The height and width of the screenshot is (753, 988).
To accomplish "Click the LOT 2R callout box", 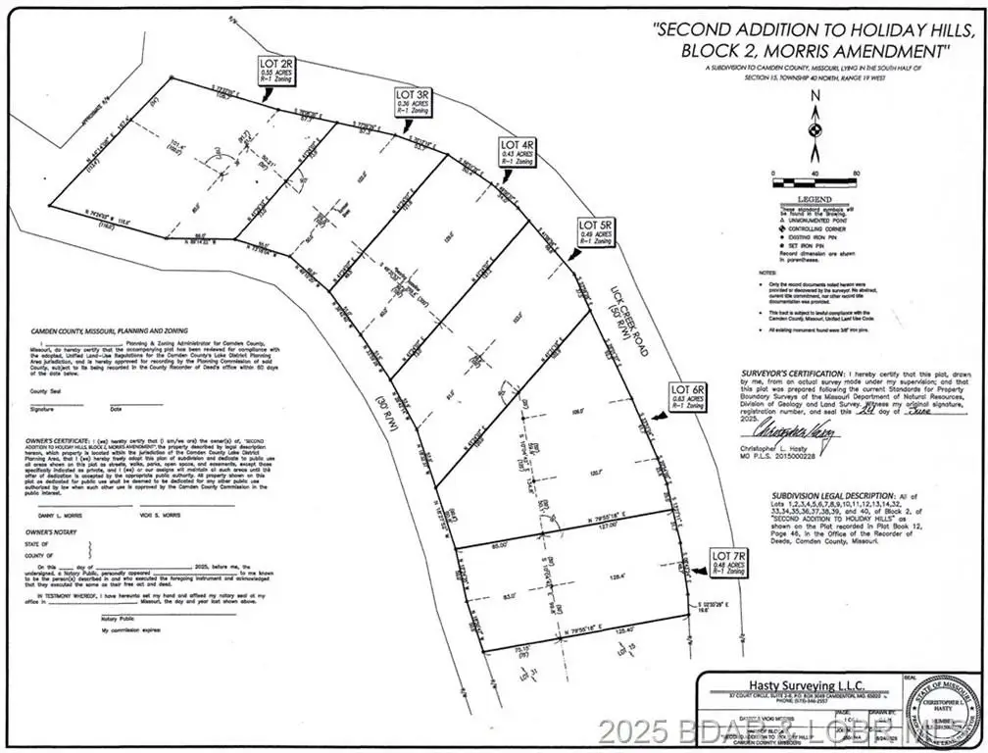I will click(275, 66).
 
